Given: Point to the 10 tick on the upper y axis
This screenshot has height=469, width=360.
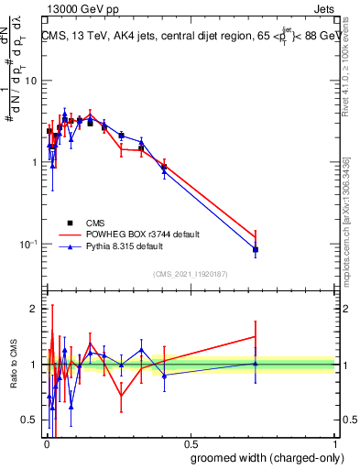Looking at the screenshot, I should [x=33, y=81].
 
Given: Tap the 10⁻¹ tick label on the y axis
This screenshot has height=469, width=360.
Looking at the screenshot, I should [x=29, y=245].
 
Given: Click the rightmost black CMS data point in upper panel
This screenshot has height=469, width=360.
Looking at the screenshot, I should [x=256, y=249].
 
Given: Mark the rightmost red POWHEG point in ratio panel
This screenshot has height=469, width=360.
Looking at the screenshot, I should [x=256, y=337].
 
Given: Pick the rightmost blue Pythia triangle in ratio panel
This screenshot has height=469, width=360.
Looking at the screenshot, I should [x=256, y=364].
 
